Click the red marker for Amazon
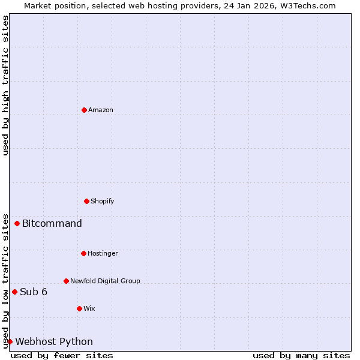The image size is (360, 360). click(84, 110)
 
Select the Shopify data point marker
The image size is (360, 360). click(86, 201)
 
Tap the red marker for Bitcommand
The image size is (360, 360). click(17, 224)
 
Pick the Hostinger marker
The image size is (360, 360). click(83, 253)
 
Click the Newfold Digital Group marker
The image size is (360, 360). click(66, 281)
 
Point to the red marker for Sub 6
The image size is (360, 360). click(14, 292)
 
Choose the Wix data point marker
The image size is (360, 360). click(79, 308)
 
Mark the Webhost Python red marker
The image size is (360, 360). click(10, 342)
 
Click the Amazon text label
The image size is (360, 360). click(101, 110)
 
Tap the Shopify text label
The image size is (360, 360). click(103, 201)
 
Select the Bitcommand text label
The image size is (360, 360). click(52, 224)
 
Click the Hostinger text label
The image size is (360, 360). click(103, 253)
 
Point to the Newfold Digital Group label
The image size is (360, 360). click(105, 281)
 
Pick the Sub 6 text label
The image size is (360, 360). click(34, 292)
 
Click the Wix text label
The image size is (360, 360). click(89, 308)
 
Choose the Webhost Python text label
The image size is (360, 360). click(54, 342)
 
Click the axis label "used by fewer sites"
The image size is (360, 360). click(62, 356)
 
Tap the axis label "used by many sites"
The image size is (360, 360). click(301, 356)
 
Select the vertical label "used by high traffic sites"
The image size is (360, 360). click(5, 85)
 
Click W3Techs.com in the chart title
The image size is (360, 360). click(307, 5)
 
